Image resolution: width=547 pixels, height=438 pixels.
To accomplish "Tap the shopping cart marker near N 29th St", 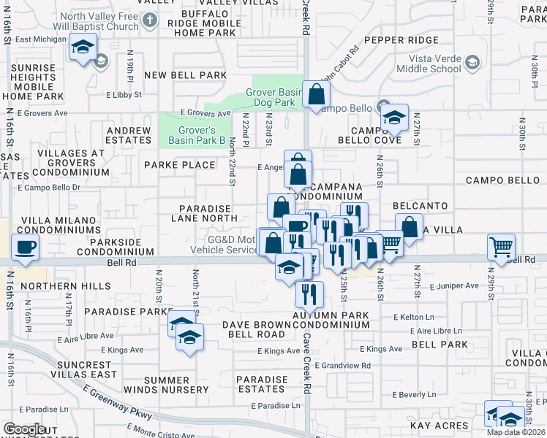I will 501,247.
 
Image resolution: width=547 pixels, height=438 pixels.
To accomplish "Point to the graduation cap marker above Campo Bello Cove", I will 393,117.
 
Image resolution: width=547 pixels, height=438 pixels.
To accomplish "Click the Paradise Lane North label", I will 201,212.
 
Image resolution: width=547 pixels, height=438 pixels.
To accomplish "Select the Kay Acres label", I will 439,426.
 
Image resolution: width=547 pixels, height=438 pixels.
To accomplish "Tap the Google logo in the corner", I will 24,429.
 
